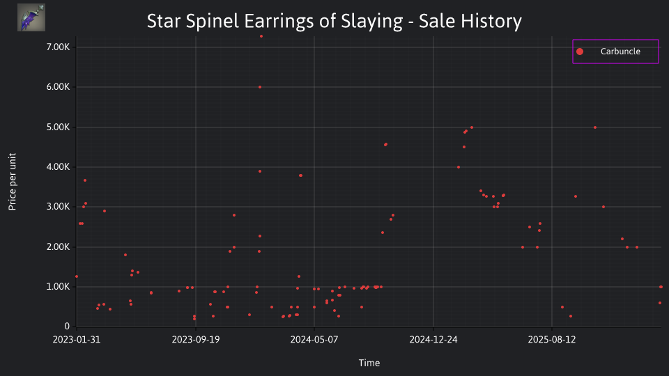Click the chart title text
tap(334, 21)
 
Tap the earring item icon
tap(31, 17)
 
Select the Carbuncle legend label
tap(620, 51)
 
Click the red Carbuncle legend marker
tap(579, 52)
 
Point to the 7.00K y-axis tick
tap(58, 47)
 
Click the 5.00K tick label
tap(58, 127)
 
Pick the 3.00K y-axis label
tap(58, 207)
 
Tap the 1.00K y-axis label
tap(58, 286)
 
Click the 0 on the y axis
tap(67, 326)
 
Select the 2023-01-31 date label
tap(77, 339)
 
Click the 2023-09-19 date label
tap(196, 339)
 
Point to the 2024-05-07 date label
tap(314, 339)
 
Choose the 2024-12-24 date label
tap(433, 339)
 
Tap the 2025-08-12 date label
tap(552, 339)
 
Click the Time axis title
tap(369, 363)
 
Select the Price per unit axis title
tap(12, 182)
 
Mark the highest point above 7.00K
tap(261, 36)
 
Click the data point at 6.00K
tap(260, 87)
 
